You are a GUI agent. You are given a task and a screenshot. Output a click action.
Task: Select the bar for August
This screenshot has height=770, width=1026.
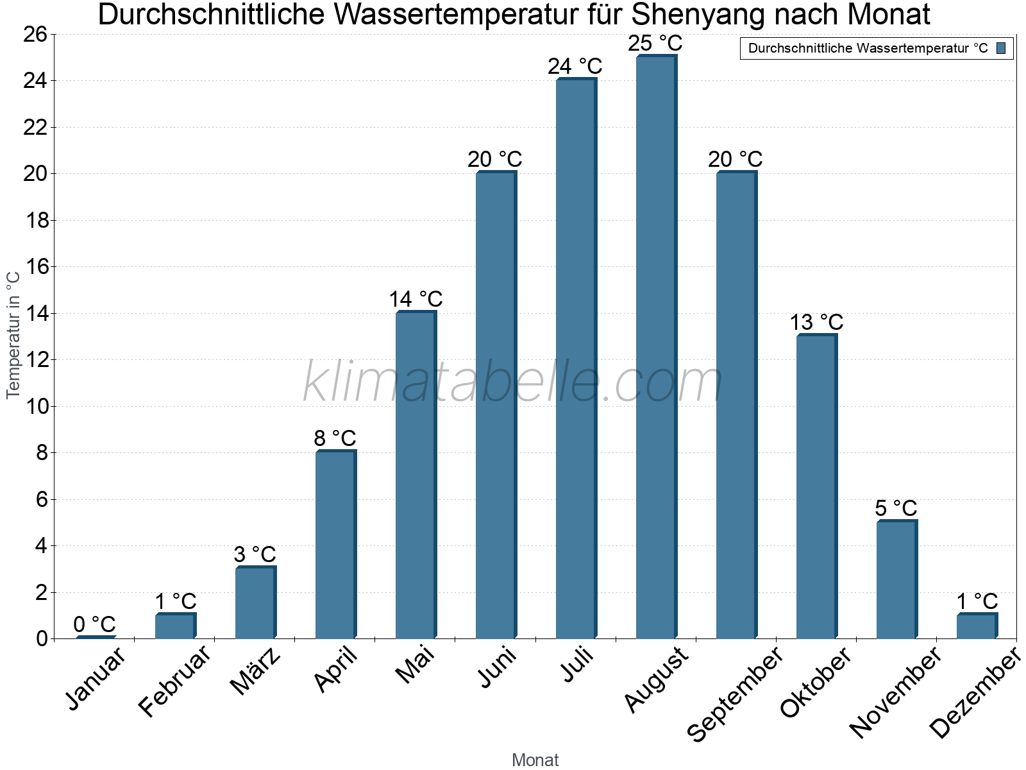coord(655,346)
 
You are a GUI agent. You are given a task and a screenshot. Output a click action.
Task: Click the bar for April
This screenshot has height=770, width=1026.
coord(335,545)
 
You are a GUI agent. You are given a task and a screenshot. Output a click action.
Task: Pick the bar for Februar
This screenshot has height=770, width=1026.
coord(174,626)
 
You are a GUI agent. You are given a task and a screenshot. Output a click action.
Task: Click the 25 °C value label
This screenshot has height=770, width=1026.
coord(655,44)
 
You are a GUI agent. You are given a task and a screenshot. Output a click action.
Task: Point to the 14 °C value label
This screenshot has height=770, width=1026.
coord(416,299)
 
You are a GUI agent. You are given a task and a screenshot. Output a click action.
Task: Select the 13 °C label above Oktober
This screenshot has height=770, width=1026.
coord(816,322)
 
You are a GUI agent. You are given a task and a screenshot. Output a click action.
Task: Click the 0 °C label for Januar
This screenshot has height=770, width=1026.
coord(94,624)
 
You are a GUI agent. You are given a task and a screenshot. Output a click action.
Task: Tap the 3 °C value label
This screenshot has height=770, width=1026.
coord(255,554)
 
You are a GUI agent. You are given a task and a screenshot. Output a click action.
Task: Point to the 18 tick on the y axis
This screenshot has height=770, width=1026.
coord(37,220)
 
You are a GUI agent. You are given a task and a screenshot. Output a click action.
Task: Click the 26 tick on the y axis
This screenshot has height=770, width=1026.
coord(37,34)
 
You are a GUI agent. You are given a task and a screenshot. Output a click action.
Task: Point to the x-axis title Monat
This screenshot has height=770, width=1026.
coord(535,760)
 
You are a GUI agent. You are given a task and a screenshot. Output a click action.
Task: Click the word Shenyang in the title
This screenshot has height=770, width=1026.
coord(696,15)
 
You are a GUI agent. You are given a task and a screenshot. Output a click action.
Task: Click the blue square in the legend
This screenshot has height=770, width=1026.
coord(1001,48)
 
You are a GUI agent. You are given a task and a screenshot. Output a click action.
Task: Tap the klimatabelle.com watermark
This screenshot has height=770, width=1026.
coord(513,382)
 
